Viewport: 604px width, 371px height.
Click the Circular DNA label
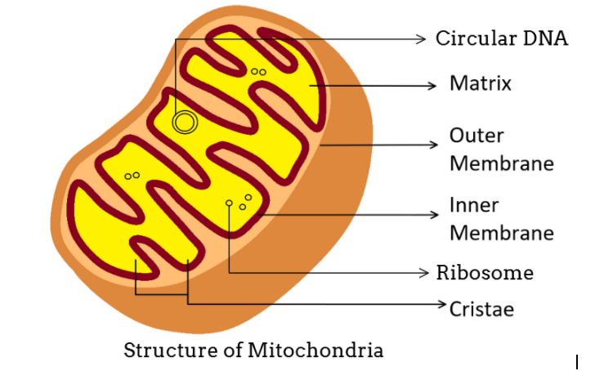point(501,38)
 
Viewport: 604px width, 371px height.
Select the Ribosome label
point(485,272)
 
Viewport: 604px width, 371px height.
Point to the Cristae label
point(481,309)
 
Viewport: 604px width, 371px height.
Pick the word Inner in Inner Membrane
point(474,204)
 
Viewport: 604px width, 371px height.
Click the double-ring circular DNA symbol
point(185,123)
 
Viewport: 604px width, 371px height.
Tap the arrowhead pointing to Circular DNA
point(422,38)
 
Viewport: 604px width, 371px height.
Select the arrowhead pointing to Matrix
point(432,84)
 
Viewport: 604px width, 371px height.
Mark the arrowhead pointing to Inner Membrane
point(435,214)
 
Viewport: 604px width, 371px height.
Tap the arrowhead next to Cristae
point(442,303)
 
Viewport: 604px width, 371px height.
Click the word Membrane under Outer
point(501,163)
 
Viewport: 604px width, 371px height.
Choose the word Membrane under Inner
point(501,232)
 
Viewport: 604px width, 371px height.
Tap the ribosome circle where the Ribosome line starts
point(229,202)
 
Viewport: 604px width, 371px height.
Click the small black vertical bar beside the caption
point(577,360)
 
